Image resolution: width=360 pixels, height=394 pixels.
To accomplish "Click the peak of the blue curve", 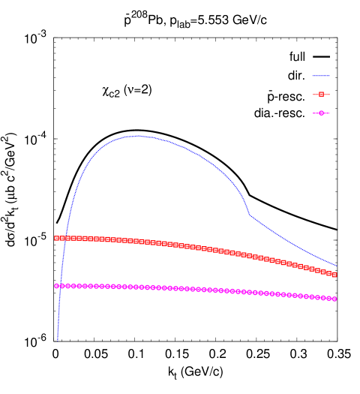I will [139, 136].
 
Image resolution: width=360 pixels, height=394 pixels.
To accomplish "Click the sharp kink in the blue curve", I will [250, 215].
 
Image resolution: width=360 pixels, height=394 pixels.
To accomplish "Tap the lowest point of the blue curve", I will [57, 341].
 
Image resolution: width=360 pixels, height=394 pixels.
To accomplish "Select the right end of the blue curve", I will [336, 266].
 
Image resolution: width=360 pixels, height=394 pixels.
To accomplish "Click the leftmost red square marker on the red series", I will [56, 238].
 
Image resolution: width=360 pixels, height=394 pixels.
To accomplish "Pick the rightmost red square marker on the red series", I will [334, 275].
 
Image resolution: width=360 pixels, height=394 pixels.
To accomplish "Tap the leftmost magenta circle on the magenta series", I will [56, 286].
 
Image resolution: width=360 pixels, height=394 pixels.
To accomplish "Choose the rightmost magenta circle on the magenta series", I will [334, 299].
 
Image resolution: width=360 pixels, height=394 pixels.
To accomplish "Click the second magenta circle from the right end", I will [328, 298].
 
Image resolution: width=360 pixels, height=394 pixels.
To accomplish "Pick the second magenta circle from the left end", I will [62, 286].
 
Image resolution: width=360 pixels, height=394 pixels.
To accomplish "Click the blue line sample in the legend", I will [321, 76].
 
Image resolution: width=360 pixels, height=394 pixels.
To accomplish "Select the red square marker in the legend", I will [321, 95].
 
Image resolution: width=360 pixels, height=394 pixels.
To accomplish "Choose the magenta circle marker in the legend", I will [321, 113].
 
